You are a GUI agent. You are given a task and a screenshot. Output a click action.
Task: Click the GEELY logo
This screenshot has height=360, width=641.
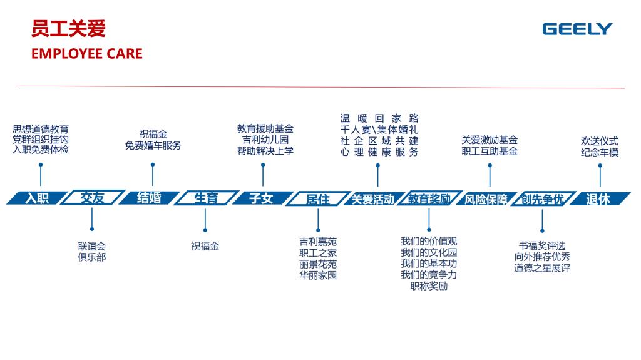click(x=577, y=29)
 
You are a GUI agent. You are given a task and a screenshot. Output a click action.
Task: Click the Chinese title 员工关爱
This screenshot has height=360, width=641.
click(x=68, y=29)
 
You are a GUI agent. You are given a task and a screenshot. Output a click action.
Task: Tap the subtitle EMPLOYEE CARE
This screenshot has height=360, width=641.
click(x=86, y=54)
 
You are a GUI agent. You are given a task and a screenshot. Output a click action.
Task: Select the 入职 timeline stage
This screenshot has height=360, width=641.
click(x=37, y=198)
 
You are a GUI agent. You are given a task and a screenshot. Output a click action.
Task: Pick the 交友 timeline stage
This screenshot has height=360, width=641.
click(x=93, y=198)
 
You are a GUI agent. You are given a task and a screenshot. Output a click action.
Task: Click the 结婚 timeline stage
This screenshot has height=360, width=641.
click(x=149, y=198)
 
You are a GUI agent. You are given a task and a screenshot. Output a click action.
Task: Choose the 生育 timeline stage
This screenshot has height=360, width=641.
click(x=205, y=198)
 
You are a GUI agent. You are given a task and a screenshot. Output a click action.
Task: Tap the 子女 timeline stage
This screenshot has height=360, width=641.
click(x=261, y=198)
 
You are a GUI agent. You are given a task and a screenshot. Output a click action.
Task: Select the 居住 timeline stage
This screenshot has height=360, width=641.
click(x=317, y=198)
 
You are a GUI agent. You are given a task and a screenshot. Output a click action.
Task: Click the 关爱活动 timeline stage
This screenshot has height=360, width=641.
click(x=373, y=199)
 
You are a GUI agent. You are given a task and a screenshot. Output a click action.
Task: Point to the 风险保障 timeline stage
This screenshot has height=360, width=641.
click(x=486, y=199)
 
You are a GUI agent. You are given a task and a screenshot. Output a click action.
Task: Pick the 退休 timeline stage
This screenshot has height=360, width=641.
click(x=598, y=198)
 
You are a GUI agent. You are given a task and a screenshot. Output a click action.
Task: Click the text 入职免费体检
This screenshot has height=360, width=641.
click(x=41, y=150)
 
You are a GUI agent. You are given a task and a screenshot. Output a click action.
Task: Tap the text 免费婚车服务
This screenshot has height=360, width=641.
click(x=153, y=145)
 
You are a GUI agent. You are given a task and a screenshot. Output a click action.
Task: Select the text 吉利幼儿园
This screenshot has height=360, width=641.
click(x=265, y=140)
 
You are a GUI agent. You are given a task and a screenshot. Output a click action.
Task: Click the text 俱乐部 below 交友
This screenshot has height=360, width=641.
click(x=92, y=257)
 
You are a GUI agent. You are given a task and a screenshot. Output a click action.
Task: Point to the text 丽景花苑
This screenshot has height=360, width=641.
click(x=318, y=264)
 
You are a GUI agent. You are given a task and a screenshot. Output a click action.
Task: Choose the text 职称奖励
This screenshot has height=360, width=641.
click(x=429, y=286)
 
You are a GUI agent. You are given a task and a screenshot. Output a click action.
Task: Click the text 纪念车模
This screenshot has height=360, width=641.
click(x=600, y=152)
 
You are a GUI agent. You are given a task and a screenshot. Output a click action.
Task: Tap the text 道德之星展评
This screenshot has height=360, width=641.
click(x=542, y=269)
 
